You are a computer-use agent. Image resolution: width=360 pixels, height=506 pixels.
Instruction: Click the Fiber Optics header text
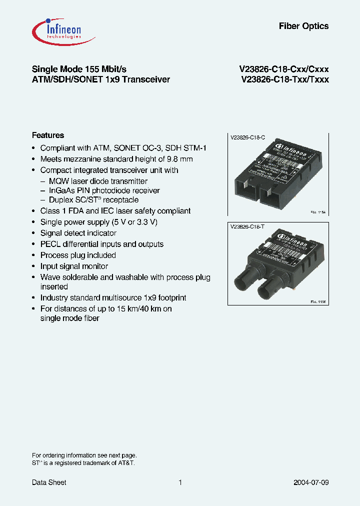coord(303,26)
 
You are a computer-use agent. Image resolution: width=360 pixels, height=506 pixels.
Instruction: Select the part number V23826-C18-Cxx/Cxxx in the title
coord(284,69)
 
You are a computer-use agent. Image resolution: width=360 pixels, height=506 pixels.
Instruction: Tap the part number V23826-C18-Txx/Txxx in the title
coord(284,79)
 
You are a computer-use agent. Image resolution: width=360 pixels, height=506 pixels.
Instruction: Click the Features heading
coord(48,135)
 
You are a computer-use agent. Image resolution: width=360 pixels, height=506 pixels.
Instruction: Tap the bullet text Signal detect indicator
coord(78,233)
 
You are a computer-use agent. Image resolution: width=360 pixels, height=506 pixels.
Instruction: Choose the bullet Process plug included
coord(78,255)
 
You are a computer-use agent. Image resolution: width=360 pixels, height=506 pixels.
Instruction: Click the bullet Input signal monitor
coord(74,266)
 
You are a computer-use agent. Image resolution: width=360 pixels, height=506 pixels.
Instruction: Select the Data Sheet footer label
coord(49,482)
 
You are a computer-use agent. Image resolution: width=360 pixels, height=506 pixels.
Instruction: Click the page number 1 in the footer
coord(180,482)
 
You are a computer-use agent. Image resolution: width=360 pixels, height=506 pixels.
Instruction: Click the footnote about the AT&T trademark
coord(83,463)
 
